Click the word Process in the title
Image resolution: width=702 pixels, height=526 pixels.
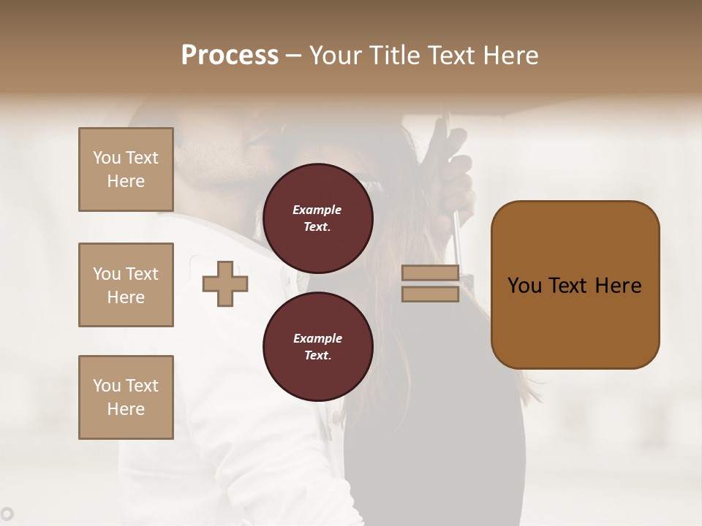pos(230,56)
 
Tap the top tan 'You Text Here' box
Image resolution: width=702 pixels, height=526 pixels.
pos(126,169)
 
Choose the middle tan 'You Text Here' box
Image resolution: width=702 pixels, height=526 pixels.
pos(126,285)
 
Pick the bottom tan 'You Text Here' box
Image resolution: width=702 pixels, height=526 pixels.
pos(126,397)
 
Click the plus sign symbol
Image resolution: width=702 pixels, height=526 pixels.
pos(225,284)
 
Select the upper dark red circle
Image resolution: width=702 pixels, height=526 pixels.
pos(317,218)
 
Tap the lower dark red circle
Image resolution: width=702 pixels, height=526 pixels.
pos(317,346)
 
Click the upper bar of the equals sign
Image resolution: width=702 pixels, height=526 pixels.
pos(430,273)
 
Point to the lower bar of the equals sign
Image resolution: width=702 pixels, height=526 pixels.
pos(430,294)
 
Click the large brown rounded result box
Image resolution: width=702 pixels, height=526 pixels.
pos(575,321)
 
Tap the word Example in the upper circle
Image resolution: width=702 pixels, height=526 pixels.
pos(317,210)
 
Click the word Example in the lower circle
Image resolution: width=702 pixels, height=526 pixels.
pos(317,338)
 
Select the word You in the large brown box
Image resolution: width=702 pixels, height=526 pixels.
pos(524,286)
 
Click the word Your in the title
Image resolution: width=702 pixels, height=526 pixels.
pos(336,56)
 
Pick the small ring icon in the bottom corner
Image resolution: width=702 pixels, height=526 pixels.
pos(7,514)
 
